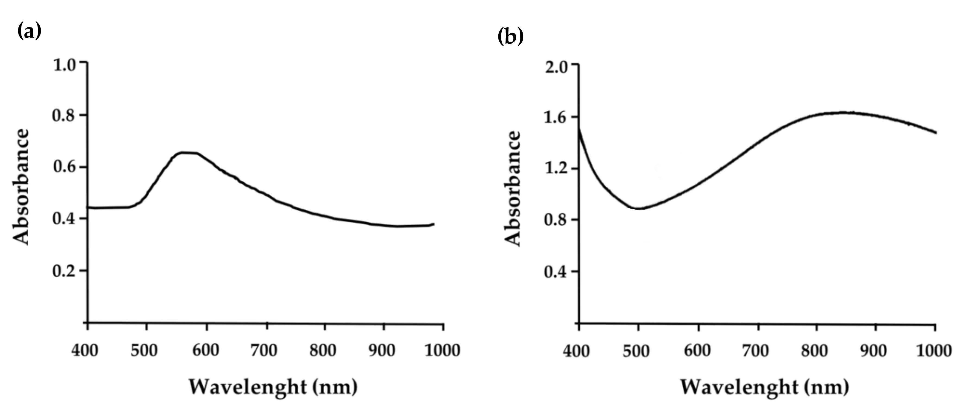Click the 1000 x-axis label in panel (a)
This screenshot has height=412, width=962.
(x=442, y=350)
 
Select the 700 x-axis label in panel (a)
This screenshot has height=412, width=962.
(x=264, y=350)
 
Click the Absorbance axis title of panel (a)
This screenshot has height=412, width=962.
(x=21, y=187)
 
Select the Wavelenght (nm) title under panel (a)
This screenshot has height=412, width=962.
(x=273, y=387)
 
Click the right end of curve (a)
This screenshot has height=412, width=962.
(x=433, y=224)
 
